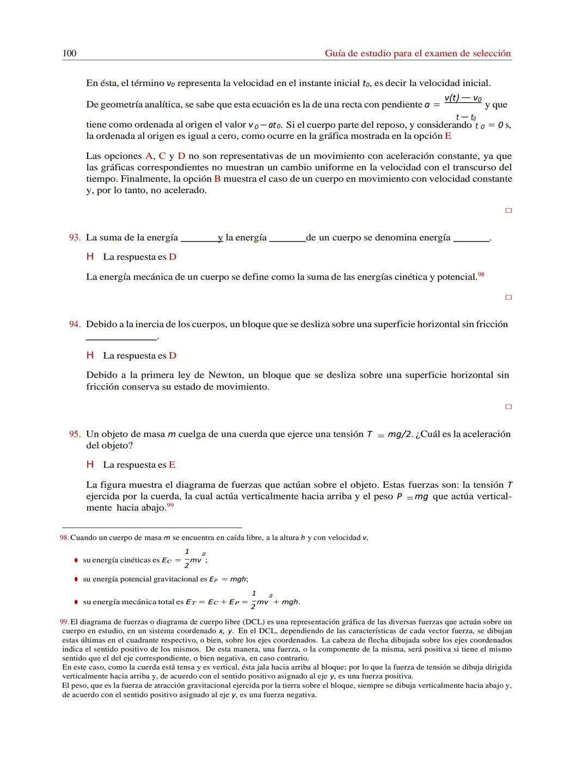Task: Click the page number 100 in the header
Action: click(69, 53)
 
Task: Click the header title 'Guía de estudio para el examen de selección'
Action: click(418, 53)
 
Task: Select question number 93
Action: click(75, 238)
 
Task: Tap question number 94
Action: click(75, 324)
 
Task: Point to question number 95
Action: click(75, 434)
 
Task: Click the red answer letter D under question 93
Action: click(173, 257)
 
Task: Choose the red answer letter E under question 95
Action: click(172, 465)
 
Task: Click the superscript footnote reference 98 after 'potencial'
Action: click(481, 275)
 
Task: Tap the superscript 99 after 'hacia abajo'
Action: click(170, 506)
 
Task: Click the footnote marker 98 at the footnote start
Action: click(64, 538)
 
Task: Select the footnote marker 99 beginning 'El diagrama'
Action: click(64, 622)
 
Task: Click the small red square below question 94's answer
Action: click(509, 407)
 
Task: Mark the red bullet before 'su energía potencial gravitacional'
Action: click(76, 579)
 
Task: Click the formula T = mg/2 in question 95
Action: click(390, 434)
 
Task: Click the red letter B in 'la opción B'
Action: click(217, 179)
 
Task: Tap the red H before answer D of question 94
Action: click(90, 356)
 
